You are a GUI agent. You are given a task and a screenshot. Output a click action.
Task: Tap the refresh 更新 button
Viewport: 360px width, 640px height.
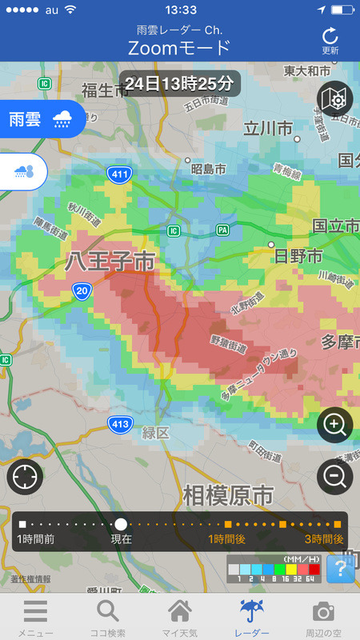pos(330,40)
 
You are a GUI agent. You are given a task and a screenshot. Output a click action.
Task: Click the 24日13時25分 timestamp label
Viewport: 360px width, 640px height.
pos(181,82)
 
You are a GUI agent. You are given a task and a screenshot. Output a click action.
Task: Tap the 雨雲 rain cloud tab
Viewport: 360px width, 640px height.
pos(42,119)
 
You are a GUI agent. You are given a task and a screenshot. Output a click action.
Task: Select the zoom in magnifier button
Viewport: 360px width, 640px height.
pos(335,425)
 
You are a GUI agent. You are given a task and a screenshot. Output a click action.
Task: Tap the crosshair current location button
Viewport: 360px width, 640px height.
pos(25,478)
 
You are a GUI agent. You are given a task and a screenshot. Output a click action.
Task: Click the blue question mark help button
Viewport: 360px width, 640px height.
pos(340,569)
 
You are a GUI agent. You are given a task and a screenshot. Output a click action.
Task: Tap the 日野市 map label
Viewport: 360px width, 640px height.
pos(298,256)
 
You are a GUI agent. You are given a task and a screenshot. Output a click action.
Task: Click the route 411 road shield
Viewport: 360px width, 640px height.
pos(119,173)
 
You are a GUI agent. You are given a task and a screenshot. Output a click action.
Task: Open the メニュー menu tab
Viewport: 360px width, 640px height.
pos(35,617)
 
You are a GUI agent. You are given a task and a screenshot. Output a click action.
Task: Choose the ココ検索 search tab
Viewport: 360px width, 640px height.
pos(107,617)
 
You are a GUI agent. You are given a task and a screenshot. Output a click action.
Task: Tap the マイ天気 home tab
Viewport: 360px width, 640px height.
pos(179,617)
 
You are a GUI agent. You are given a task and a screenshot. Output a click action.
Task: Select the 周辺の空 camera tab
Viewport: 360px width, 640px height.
pos(323,617)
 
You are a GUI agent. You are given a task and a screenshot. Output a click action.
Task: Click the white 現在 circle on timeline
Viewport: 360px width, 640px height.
pos(121,524)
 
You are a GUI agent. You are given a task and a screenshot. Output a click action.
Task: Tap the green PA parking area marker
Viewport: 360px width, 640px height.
pos(222,230)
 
